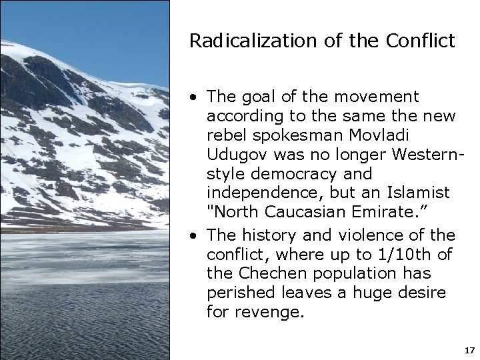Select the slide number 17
click(469, 349)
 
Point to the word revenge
click(272, 311)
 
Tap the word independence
click(256, 193)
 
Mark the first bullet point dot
click(192, 98)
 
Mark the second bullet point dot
click(192, 235)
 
